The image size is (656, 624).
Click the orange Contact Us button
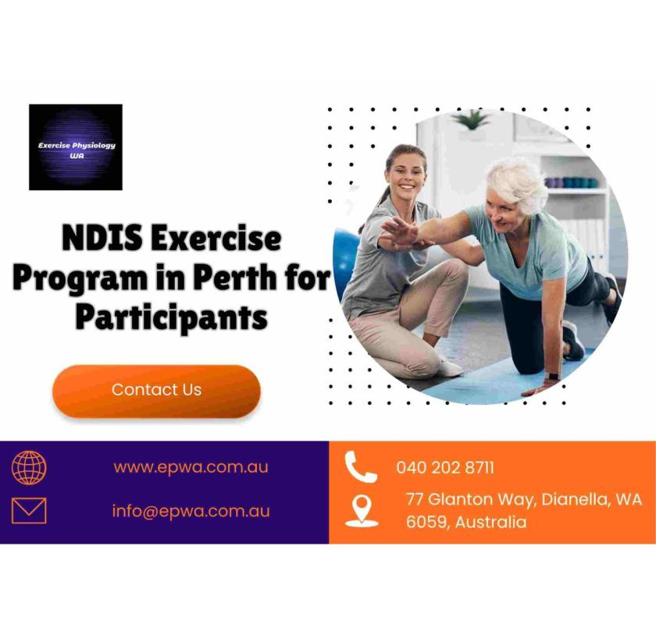tap(156, 390)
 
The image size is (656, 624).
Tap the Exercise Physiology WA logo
tap(76, 147)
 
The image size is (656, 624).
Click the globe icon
tap(29, 468)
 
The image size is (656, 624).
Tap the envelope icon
tap(29, 511)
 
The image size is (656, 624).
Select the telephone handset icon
tap(361, 467)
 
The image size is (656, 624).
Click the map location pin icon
tap(362, 510)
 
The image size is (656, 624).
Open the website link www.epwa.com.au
tap(191, 467)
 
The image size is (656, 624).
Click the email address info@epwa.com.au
tap(191, 511)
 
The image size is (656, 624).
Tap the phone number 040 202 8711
tap(444, 468)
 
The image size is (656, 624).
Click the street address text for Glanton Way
tap(523, 500)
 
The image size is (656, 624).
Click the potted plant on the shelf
tap(471, 121)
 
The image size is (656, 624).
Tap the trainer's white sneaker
tap(449, 367)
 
